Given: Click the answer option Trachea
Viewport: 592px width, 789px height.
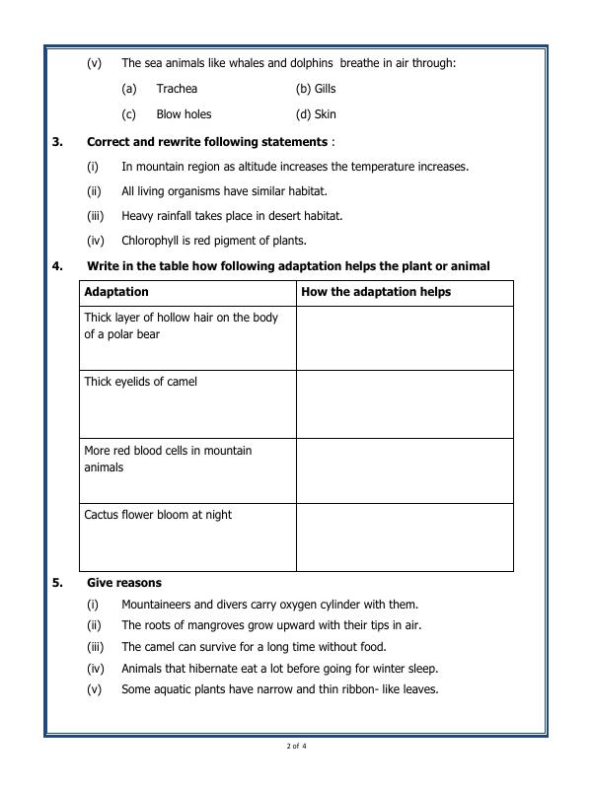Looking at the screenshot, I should tap(177, 89).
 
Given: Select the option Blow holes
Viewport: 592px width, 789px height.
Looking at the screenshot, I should tap(184, 114).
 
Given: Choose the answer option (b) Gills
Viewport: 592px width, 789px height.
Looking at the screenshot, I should tap(316, 89).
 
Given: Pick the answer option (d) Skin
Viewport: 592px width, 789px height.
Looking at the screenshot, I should tap(316, 114).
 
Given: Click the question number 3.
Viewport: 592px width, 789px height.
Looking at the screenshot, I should tap(57, 142).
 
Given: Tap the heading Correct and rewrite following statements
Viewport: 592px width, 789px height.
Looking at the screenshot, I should tap(207, 142).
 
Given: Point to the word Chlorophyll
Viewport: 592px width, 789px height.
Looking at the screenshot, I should tap(152, 241).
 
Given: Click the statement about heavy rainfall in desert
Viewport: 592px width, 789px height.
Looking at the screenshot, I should tap(232, 216).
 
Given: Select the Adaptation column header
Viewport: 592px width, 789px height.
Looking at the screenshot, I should tap(116, 293).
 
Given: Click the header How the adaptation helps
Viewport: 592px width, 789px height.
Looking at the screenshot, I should tap(376, 293).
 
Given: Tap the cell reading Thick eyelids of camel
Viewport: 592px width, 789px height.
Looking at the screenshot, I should tap(140, 383).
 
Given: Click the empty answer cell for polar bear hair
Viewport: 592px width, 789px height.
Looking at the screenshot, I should tap(405, 338).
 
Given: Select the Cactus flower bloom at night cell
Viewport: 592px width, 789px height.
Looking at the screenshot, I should tap(158, 516).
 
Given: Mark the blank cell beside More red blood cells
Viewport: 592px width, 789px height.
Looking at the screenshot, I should tap(405, 470).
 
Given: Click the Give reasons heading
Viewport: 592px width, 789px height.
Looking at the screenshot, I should tap(124, 583).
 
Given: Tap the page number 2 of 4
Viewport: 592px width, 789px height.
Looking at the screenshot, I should tap(296, 746).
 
